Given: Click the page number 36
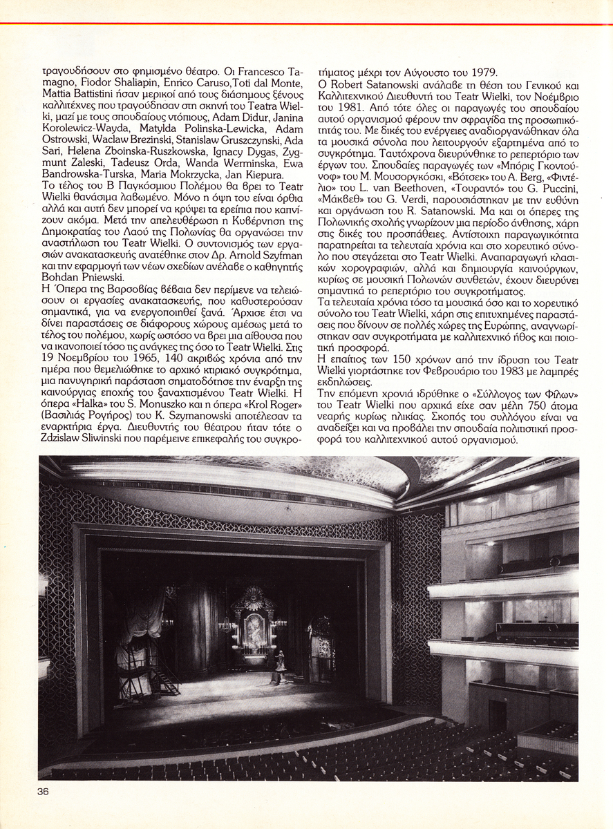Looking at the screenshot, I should [x=44, y=792].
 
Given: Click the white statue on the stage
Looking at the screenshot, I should [x=281, y=667].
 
